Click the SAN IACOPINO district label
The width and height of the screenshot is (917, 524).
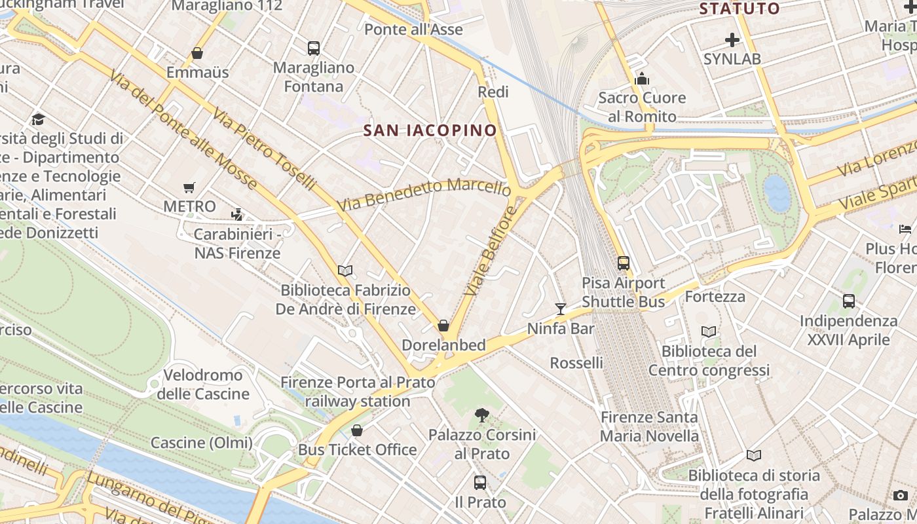[430, 130]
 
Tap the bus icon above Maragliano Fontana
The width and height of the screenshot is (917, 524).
[314, 48]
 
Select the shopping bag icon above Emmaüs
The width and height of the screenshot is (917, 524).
[197, 53]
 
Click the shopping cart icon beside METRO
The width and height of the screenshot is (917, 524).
[189, 188]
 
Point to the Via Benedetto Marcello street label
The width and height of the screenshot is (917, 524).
[424, 195]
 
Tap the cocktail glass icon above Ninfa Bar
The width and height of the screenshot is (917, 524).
[560, 309]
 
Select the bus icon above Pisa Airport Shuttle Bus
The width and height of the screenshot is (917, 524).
[624, 263]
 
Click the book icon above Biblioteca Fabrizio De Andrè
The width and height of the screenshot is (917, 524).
[345, 271]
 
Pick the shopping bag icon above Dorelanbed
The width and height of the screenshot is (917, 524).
[443, 326]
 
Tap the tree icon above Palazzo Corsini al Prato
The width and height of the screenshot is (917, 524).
[482, 415]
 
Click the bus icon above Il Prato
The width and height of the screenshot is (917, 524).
[480, 483]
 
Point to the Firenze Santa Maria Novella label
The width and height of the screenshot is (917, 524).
[649, 426]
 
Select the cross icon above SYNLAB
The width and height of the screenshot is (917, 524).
[732, 40]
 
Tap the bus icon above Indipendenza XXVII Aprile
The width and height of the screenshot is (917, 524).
[849, 301]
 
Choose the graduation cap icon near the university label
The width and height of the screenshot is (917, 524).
[38, 119]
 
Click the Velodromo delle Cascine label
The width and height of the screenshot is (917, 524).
[203, 384]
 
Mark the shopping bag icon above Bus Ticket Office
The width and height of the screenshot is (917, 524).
[357, 430]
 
